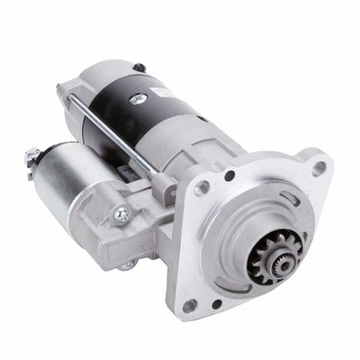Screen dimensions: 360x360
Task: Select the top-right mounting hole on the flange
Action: point(318,167)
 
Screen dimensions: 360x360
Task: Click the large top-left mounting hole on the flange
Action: point(203,187)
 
